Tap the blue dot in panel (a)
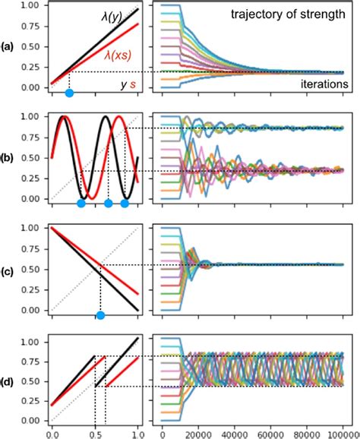[x=69, y=93]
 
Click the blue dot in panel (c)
[x=99, y=316]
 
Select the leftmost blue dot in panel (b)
[x=81, y=204]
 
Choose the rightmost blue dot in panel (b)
[x=125, y=204]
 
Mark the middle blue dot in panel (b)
[x=108, y=204]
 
